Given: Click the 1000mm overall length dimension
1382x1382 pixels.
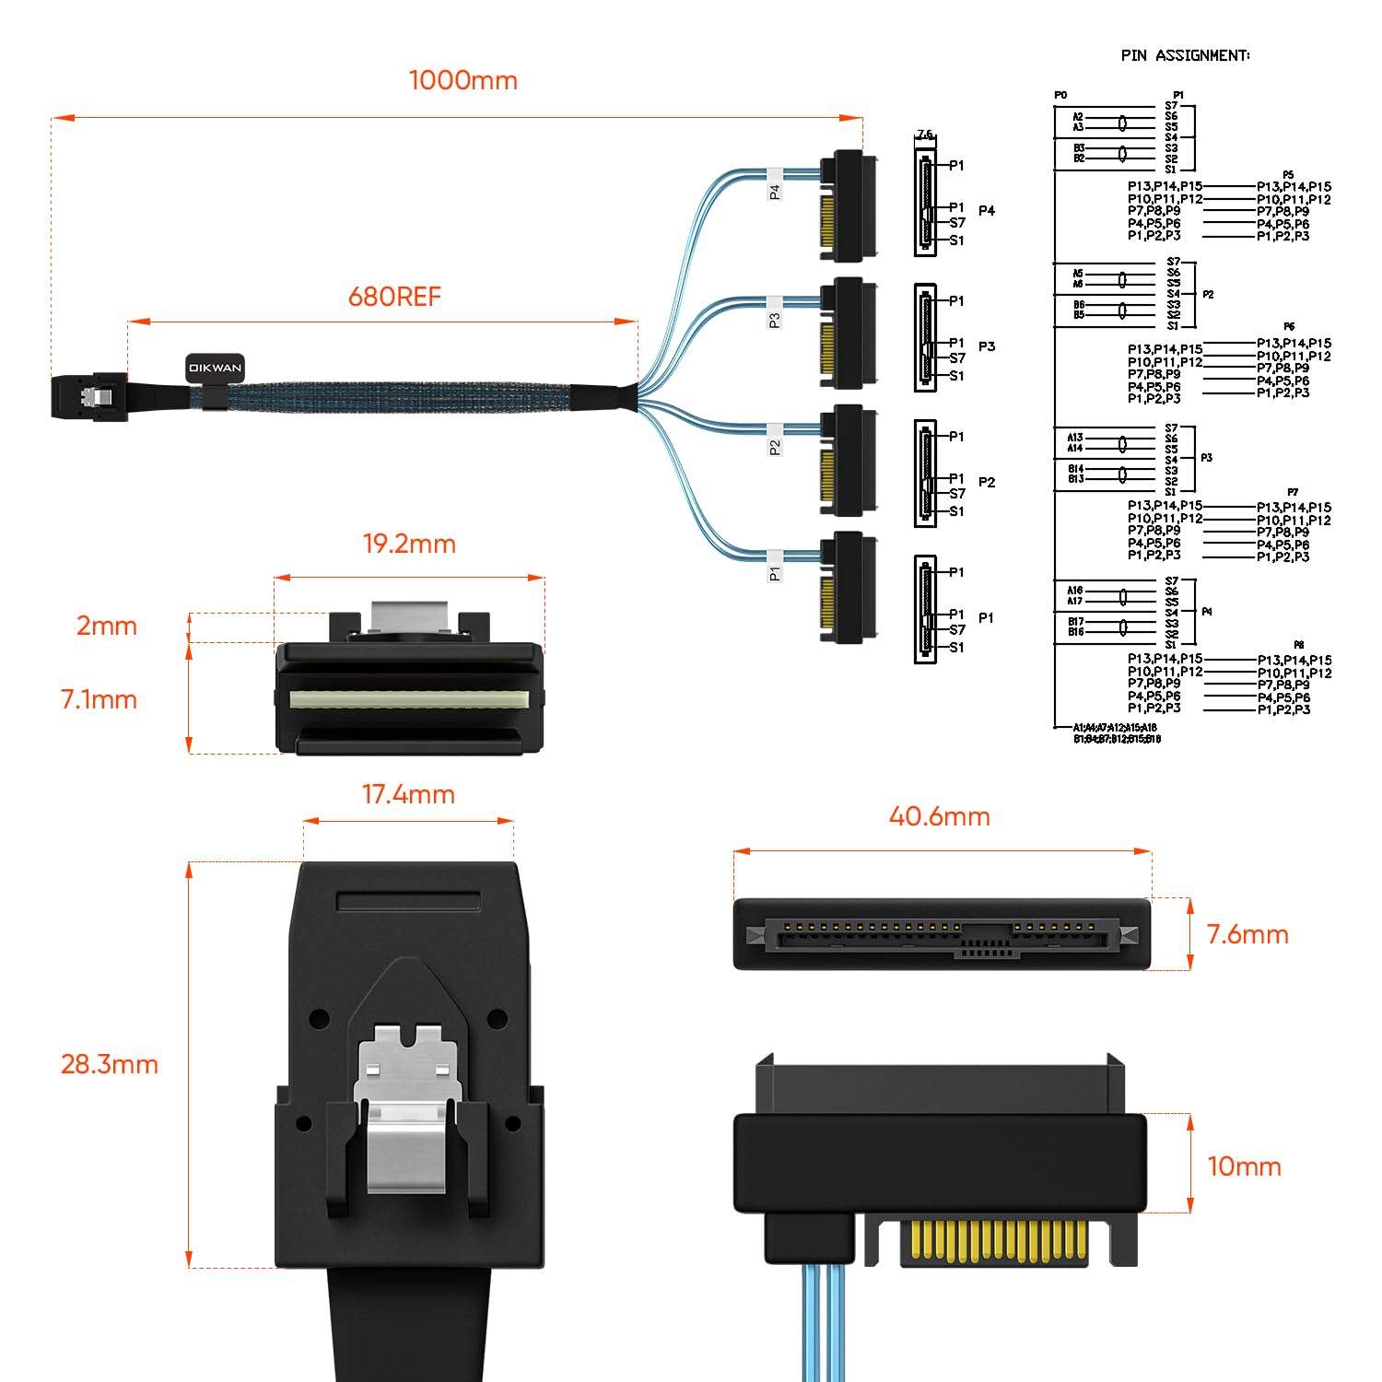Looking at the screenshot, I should coord(463,80).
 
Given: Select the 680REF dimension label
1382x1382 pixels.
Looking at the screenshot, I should coord(394,297).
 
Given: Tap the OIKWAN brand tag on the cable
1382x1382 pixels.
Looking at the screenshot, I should coord(215,368).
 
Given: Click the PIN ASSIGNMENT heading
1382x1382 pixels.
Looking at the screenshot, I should coord(1185,55).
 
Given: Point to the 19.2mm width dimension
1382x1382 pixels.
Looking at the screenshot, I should coord(409,544).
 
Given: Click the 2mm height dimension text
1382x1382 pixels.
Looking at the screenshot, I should coord(106,626).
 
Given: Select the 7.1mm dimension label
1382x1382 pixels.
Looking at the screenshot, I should coord(99,699).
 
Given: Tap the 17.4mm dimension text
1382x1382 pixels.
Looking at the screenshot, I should coord(408,794).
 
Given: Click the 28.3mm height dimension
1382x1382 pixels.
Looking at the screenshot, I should coord(109,1064).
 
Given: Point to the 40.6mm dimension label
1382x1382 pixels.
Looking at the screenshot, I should coord(939,816).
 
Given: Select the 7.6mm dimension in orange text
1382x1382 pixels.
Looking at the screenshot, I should coord(1247,934).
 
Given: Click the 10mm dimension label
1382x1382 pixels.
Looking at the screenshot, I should coord(1244,1166).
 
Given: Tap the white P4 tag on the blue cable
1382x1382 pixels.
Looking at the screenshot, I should coord(774,186).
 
